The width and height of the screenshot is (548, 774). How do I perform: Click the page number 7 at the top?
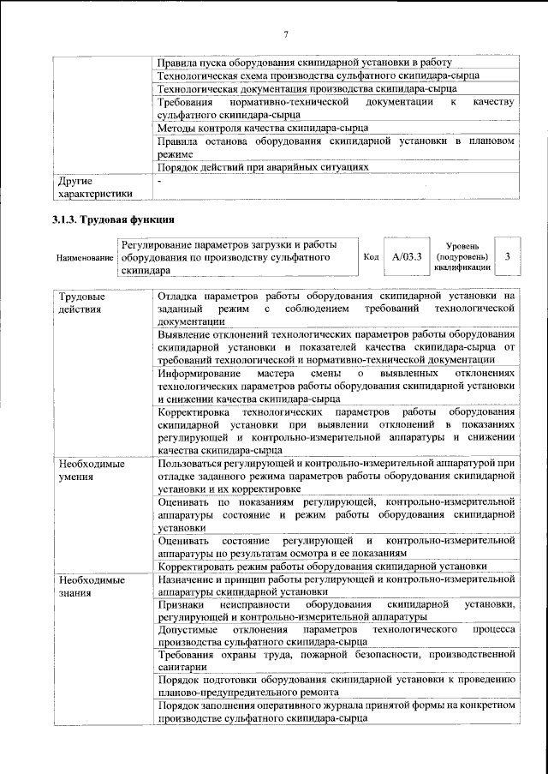click(286, 34)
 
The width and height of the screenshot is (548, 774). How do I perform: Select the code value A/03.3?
click(407, 256)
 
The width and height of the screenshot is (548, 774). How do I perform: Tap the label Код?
click(371, 256)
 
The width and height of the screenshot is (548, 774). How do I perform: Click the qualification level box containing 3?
click(508, 256)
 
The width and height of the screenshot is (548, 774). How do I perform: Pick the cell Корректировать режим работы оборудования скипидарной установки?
click(323, 567)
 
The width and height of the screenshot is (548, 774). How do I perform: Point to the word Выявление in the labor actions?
click(188, 333)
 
